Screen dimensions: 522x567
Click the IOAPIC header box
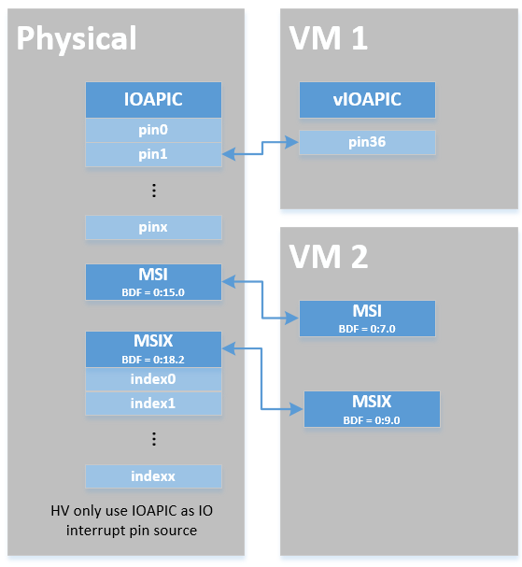(x=153, y=100)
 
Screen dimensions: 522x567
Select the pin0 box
(x=153, y=130)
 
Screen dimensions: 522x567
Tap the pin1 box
(x=153, y=154)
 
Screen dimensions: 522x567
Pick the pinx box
(x=153, y=227)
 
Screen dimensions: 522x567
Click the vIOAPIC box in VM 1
(x=367, y=100)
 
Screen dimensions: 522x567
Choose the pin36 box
(x=367, y=142)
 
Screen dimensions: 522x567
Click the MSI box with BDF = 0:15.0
(x=153, y=282)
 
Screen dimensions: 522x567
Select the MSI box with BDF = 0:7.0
(x=367, y=319)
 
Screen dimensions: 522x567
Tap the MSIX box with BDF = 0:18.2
(x=153, y=349)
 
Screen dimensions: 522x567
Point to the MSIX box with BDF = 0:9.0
(x=372, y=409)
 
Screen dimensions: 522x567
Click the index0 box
(x=153, y=379)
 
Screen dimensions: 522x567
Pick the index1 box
(x=153, y=404)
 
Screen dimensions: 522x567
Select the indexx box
(x=153, y=476)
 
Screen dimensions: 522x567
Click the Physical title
(x=77, y=39)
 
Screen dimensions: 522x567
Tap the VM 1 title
(x=329, y=38)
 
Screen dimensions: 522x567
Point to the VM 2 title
(x=329, y=257)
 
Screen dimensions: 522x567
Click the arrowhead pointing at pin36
(x=292, y=142)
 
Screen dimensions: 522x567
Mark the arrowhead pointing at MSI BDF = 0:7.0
(x=292, y=319)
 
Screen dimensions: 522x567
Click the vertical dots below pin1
(x=154, y=191)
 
